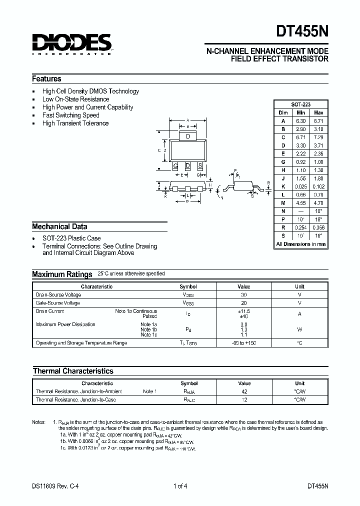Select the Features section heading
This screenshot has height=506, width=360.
pos(46,78)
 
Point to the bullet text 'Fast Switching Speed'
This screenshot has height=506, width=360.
pos(71,115)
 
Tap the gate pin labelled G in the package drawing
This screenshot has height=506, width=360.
pos(175,165)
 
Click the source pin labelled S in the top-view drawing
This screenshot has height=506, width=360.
pos(200,165)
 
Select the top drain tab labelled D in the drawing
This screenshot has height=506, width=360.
pos(187,136)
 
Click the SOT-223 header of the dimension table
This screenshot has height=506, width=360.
pos(300,104)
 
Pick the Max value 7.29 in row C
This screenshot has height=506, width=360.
pos(318,137)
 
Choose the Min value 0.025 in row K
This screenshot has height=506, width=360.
pos(300,186)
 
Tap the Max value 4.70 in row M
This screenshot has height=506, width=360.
pos(318,203)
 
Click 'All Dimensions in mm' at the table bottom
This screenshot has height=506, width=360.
pos(300,244)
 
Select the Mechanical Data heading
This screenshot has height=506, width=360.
pos(59,226)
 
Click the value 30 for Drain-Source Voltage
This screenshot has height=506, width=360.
pos(244,295)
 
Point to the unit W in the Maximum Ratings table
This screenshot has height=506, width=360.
pos(299,329)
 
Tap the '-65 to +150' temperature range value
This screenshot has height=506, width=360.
pos(244,343)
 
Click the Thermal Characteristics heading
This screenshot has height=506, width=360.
pos(73,371)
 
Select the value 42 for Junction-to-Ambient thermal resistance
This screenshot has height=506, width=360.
pos(244,391)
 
